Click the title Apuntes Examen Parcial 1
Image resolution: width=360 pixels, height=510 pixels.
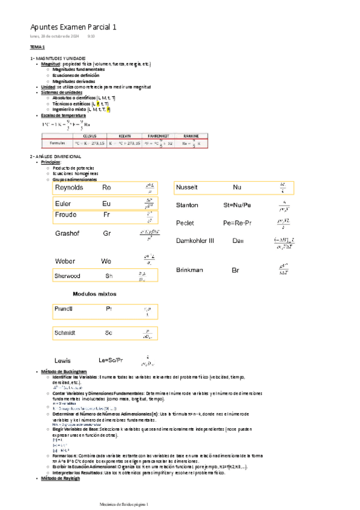[x=73, y=27]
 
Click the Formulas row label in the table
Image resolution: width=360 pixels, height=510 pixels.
[x=53, y=144]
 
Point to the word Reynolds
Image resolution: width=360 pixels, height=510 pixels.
[x=70, y=188]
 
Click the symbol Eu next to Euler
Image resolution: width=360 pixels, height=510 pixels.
[x=106, y=204]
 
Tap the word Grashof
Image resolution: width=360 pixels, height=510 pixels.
[x=67, y=233]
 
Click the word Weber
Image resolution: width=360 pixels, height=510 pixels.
[x=65, y=261]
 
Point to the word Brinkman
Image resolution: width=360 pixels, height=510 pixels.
[x=191, y=270]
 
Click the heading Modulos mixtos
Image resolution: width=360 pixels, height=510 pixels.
[x=94, y=293]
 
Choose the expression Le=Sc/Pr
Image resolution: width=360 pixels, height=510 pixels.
[x=111, y=360]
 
